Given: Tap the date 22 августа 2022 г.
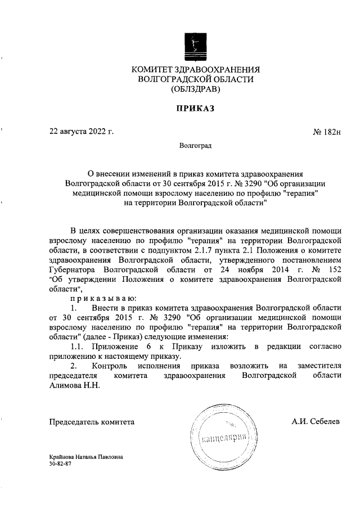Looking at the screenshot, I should tap(82, 133).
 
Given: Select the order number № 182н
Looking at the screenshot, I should tap(327, 133).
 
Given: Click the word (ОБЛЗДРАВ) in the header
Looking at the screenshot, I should tap(196, 89).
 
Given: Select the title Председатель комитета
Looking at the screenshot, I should tap(92, 421).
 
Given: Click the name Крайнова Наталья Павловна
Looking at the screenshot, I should tap(86, 458).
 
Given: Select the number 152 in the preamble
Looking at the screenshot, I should tap(334, 269).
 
